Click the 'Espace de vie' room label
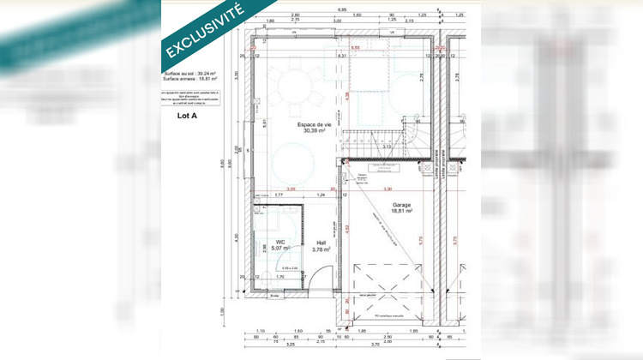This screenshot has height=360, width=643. pos(316,125)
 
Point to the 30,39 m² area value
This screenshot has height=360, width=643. pos(316,133)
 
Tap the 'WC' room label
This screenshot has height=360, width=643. pos(279,242)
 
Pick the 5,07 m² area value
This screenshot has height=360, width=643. pos(281,249)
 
